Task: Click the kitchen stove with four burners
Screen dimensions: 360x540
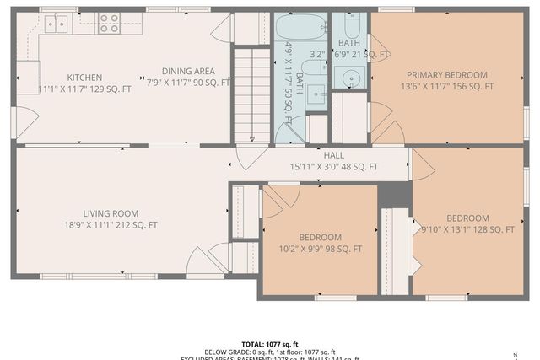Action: point(109,23)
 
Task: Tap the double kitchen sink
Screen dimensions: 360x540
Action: point(57,24)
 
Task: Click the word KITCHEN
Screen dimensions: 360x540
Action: point(84,77)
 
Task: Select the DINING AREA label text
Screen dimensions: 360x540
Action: point(188,72)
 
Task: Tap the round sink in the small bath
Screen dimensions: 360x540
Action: point(350,78)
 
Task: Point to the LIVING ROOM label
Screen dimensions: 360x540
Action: point(111,213)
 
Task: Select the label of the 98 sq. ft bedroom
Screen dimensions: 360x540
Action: point(320,237)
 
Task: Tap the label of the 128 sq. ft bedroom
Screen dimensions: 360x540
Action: point(467,218)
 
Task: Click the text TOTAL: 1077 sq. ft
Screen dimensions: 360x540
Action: point(270,344)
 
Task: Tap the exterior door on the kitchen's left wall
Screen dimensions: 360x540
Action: point(24,123)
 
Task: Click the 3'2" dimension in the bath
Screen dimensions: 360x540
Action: point(317,55)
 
